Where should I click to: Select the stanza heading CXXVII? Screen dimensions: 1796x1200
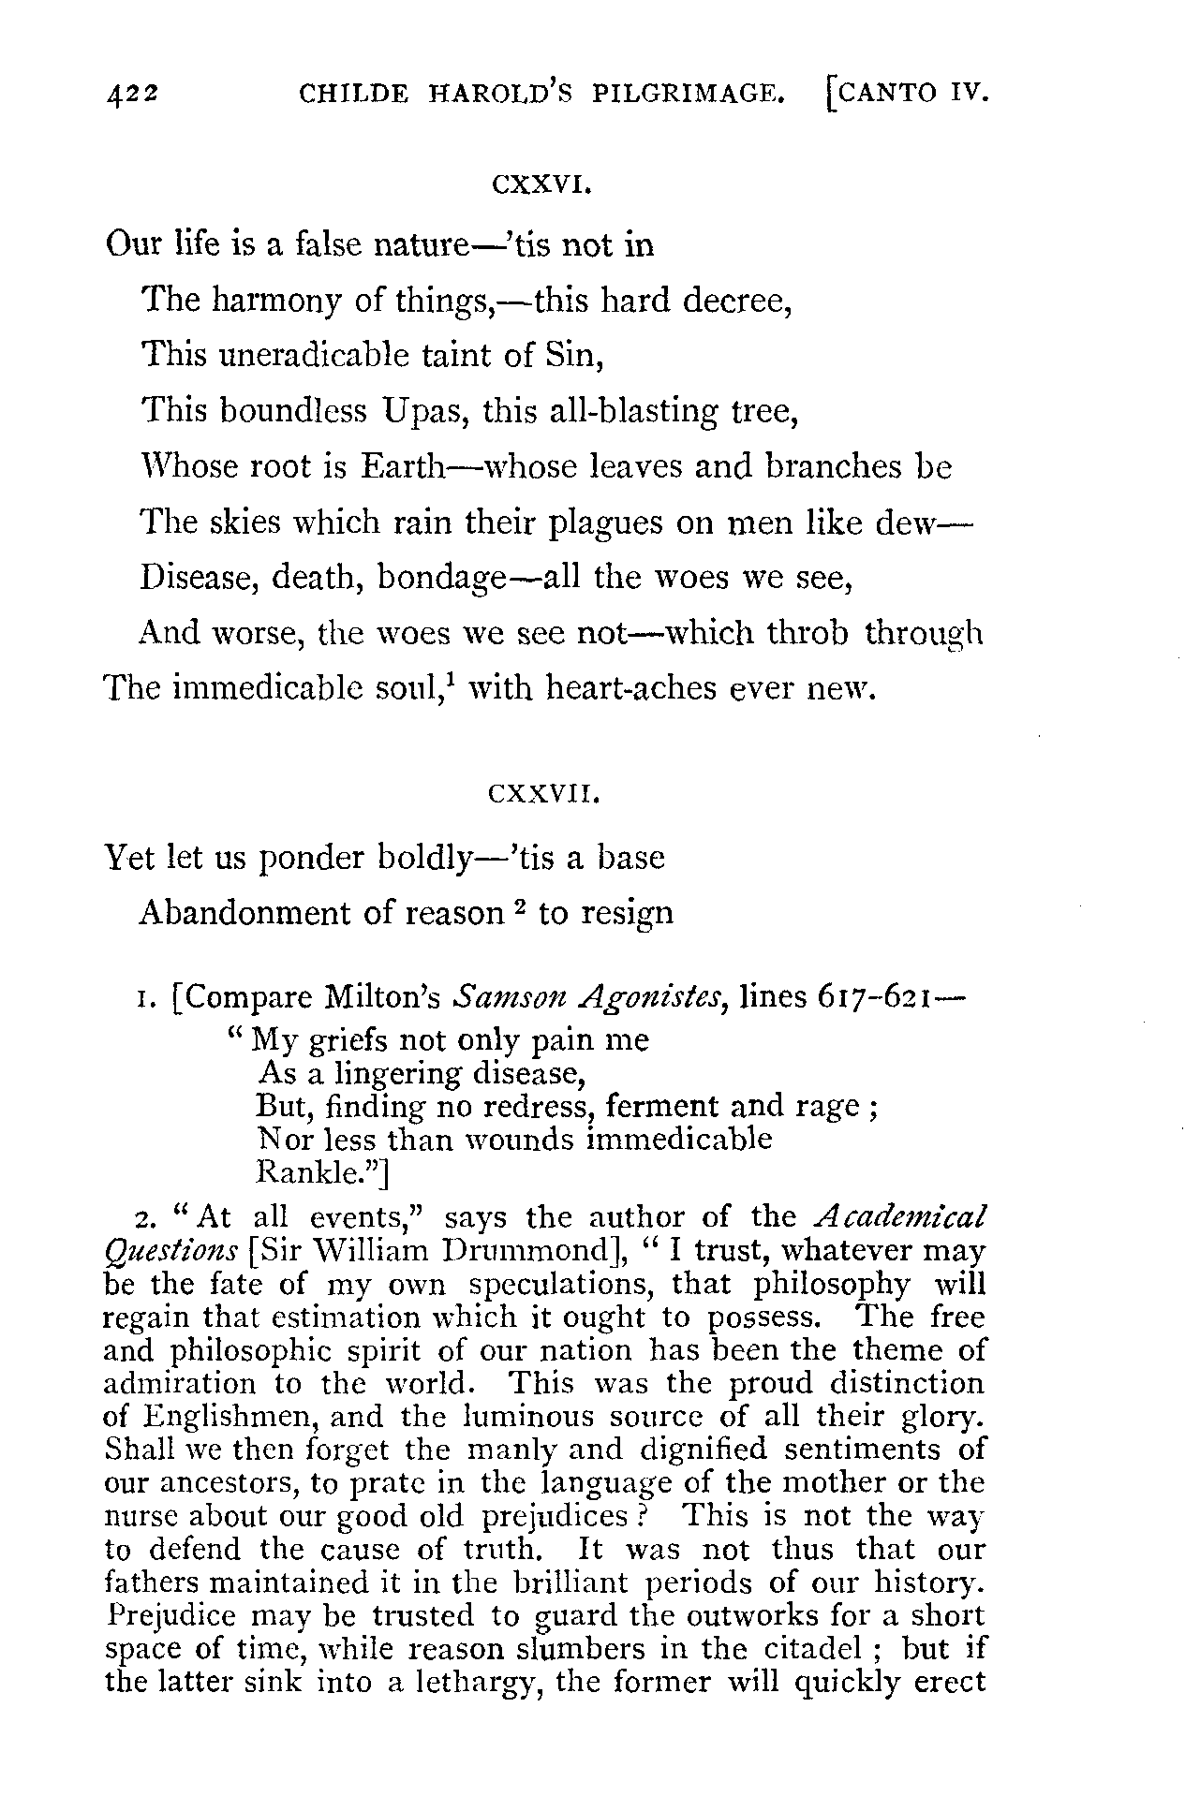[x=543, y=797]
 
